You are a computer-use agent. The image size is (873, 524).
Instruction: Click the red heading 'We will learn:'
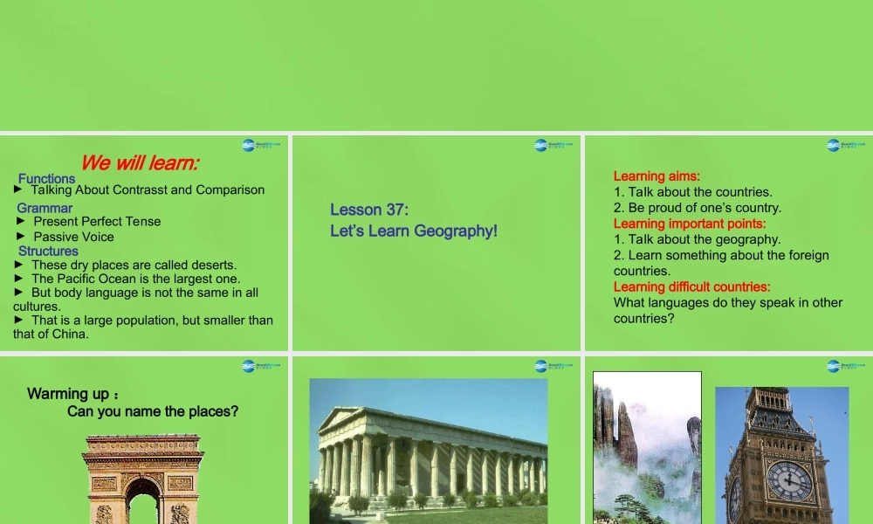[x=140, y=162]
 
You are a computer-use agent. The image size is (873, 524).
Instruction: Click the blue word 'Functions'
[x=46, y=178]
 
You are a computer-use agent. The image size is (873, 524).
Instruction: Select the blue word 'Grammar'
[x=45, y=208]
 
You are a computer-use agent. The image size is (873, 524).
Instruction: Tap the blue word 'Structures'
[x=48, y=251]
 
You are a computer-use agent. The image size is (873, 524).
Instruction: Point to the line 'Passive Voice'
[x=73, y=237]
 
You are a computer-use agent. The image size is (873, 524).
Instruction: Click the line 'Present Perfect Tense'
[x=97, y=222]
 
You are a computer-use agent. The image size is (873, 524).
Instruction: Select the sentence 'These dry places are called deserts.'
[x=134, y=265]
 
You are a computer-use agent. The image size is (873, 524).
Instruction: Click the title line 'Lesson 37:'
[x=369, y=210]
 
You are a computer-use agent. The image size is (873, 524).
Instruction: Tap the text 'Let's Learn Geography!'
[x=414, y=231]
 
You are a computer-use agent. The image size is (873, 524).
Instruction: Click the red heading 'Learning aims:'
[x=656, y=176]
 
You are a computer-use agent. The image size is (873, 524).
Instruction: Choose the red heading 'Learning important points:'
[x=690, y=224]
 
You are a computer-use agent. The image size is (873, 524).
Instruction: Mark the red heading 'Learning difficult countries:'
[x=691, y=286]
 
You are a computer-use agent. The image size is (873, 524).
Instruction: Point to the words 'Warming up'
[x=68, y=394]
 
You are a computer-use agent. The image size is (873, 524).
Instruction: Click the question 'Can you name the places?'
[x=153, y=411]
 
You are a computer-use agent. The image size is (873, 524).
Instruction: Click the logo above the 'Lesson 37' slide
[x=553, y=145]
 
